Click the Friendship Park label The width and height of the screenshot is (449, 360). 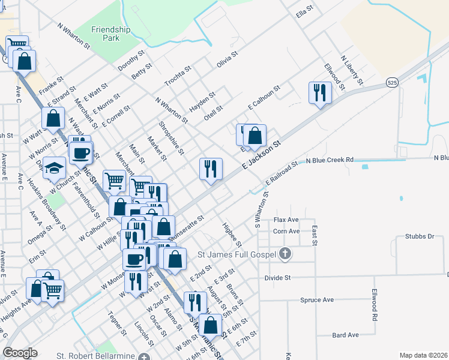(106, 33)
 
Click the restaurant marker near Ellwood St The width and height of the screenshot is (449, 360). (319, 92)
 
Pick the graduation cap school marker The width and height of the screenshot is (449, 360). (54, 169)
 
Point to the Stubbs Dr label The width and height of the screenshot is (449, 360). (419, 236)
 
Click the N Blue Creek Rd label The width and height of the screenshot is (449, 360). (330, 160)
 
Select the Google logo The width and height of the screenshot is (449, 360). (20, 353)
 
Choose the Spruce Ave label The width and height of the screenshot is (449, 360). (316, 299)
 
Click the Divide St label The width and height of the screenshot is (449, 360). (277, 278)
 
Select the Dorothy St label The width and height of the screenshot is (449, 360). (131, 61)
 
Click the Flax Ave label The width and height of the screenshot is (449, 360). (286, 220)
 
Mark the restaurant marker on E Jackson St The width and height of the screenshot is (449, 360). (211, 169)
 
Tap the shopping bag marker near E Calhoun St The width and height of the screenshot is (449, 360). (255, 136)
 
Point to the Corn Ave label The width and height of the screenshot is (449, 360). (286, 231)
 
